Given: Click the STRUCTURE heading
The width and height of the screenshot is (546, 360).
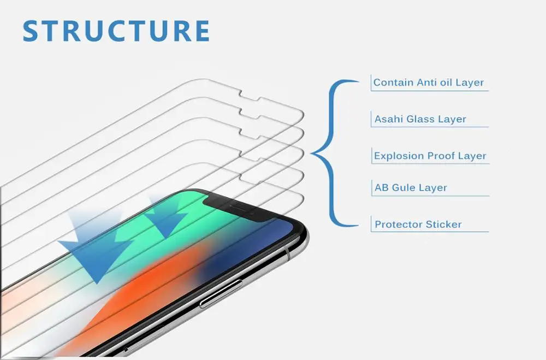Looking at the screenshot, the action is tap(116, 31).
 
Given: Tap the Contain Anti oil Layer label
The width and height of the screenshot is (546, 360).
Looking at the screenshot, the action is tap(429, 83).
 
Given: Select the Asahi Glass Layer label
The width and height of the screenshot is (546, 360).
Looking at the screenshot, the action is tap(420, 119).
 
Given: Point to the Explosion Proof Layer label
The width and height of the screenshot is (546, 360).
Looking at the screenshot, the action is tap(430, 156).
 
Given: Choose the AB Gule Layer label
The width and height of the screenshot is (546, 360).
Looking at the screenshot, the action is tap(411, 188).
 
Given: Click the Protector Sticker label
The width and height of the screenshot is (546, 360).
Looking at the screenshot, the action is tap(418, 225).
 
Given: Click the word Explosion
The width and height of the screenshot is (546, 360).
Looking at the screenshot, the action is tap(399, 156).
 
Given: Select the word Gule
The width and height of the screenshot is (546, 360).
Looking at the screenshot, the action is tap(405, 188).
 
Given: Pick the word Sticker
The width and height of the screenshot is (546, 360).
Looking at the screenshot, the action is tap(443, 225).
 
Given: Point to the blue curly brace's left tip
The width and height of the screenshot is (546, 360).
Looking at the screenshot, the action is tap(312, 154).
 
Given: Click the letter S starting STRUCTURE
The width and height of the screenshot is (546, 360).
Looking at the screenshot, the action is tap(32, 31).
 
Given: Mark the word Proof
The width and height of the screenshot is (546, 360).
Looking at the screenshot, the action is tap(442, 156).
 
